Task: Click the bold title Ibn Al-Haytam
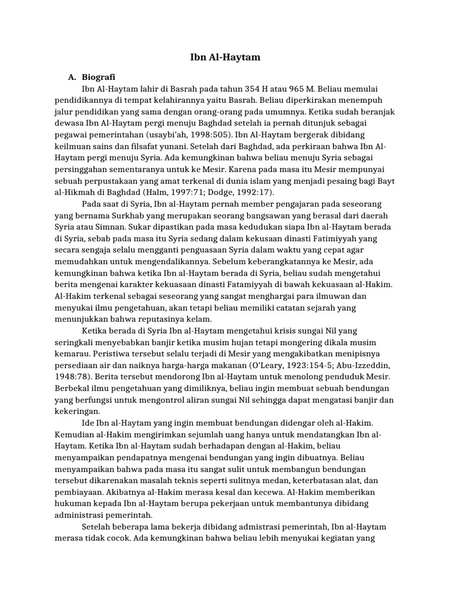225,58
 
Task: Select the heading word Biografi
99,77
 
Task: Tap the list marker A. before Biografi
73,77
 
